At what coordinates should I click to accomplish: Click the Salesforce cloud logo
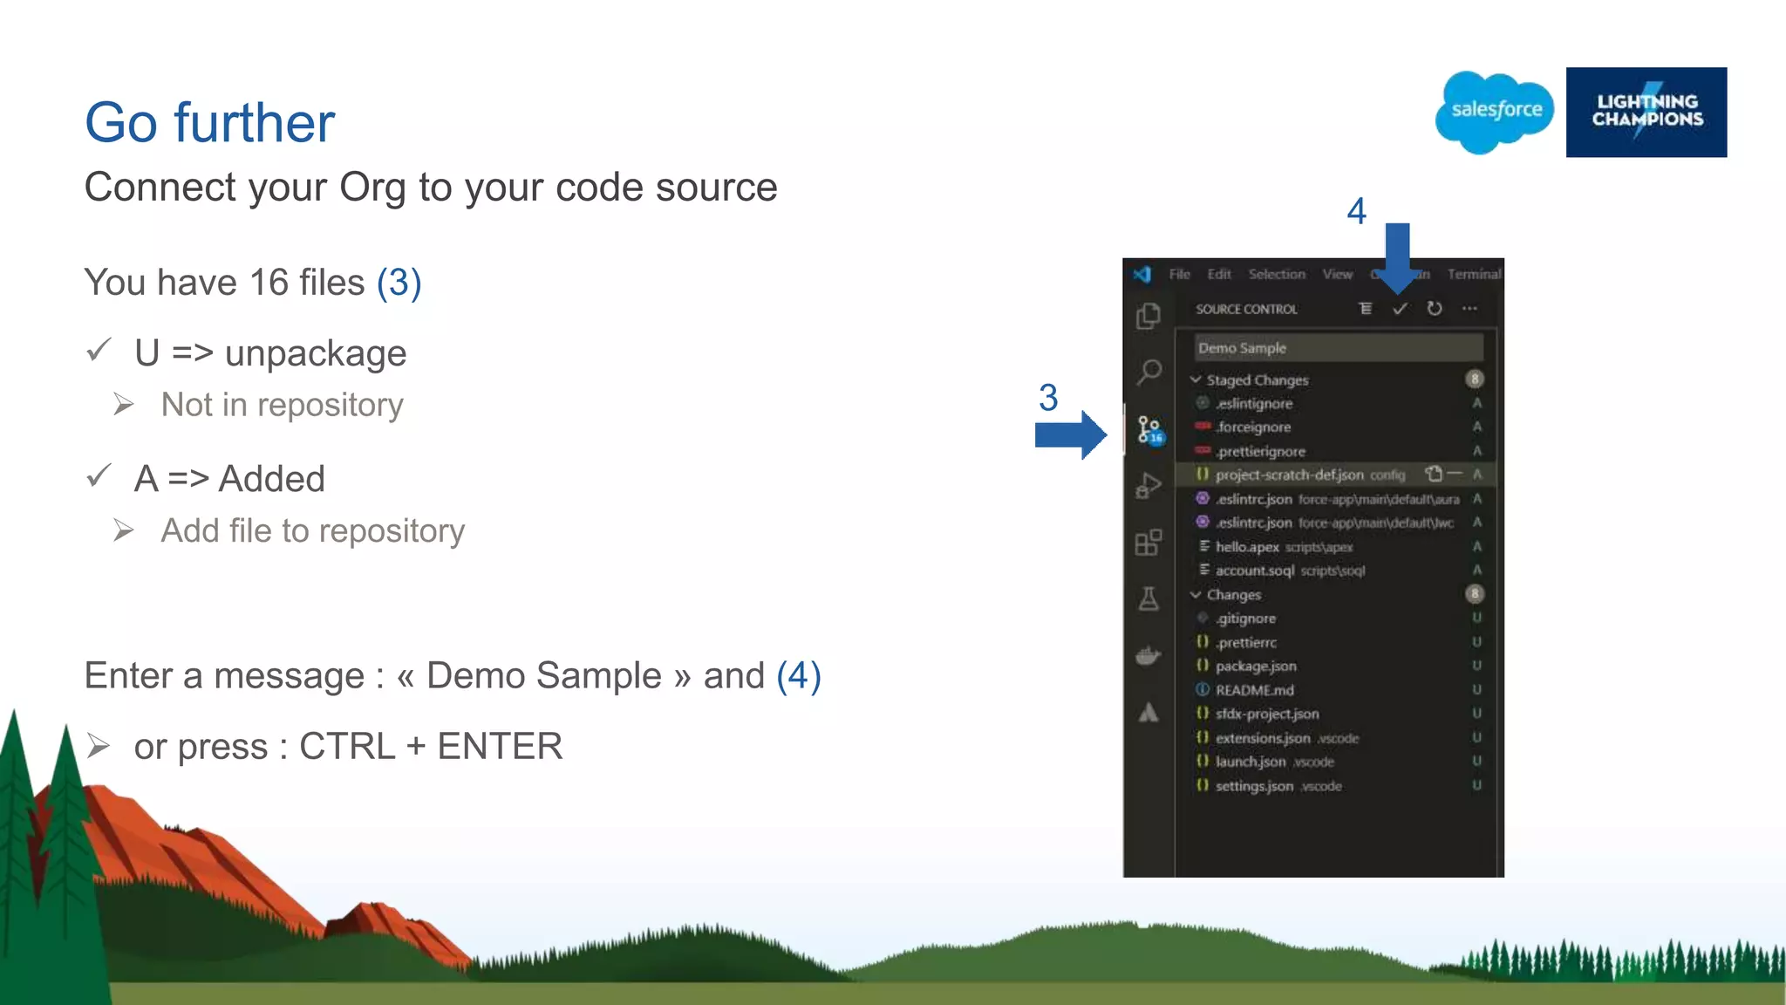click(1495, 112)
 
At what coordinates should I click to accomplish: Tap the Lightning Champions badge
click(1646, 112)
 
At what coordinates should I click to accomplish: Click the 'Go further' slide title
click(209, 122)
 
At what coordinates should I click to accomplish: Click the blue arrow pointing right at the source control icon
click(1071, 434)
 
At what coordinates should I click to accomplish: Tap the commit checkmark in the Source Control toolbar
click(1400, 309)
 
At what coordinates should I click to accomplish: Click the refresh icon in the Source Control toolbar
click(1435, 309)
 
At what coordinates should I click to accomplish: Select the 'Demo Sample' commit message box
click(1338, 348)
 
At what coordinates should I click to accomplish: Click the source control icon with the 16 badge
click(1149, 429)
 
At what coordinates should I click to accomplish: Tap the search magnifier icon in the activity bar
click(1149, 373)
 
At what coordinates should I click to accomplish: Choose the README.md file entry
click(1254, 690)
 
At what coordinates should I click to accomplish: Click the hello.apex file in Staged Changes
click(1247, 547)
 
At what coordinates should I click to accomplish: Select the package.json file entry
click(1256, 667)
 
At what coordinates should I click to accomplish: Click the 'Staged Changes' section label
click(1257, 380)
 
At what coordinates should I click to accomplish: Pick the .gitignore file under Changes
click(1246, 619)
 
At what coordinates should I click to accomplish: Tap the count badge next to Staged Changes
click(1475, 379)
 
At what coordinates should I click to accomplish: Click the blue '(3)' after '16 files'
click(399, 283)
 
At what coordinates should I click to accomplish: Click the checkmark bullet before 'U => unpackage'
click(99, 351)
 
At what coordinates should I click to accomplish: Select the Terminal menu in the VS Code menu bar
click(1474, 275)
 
